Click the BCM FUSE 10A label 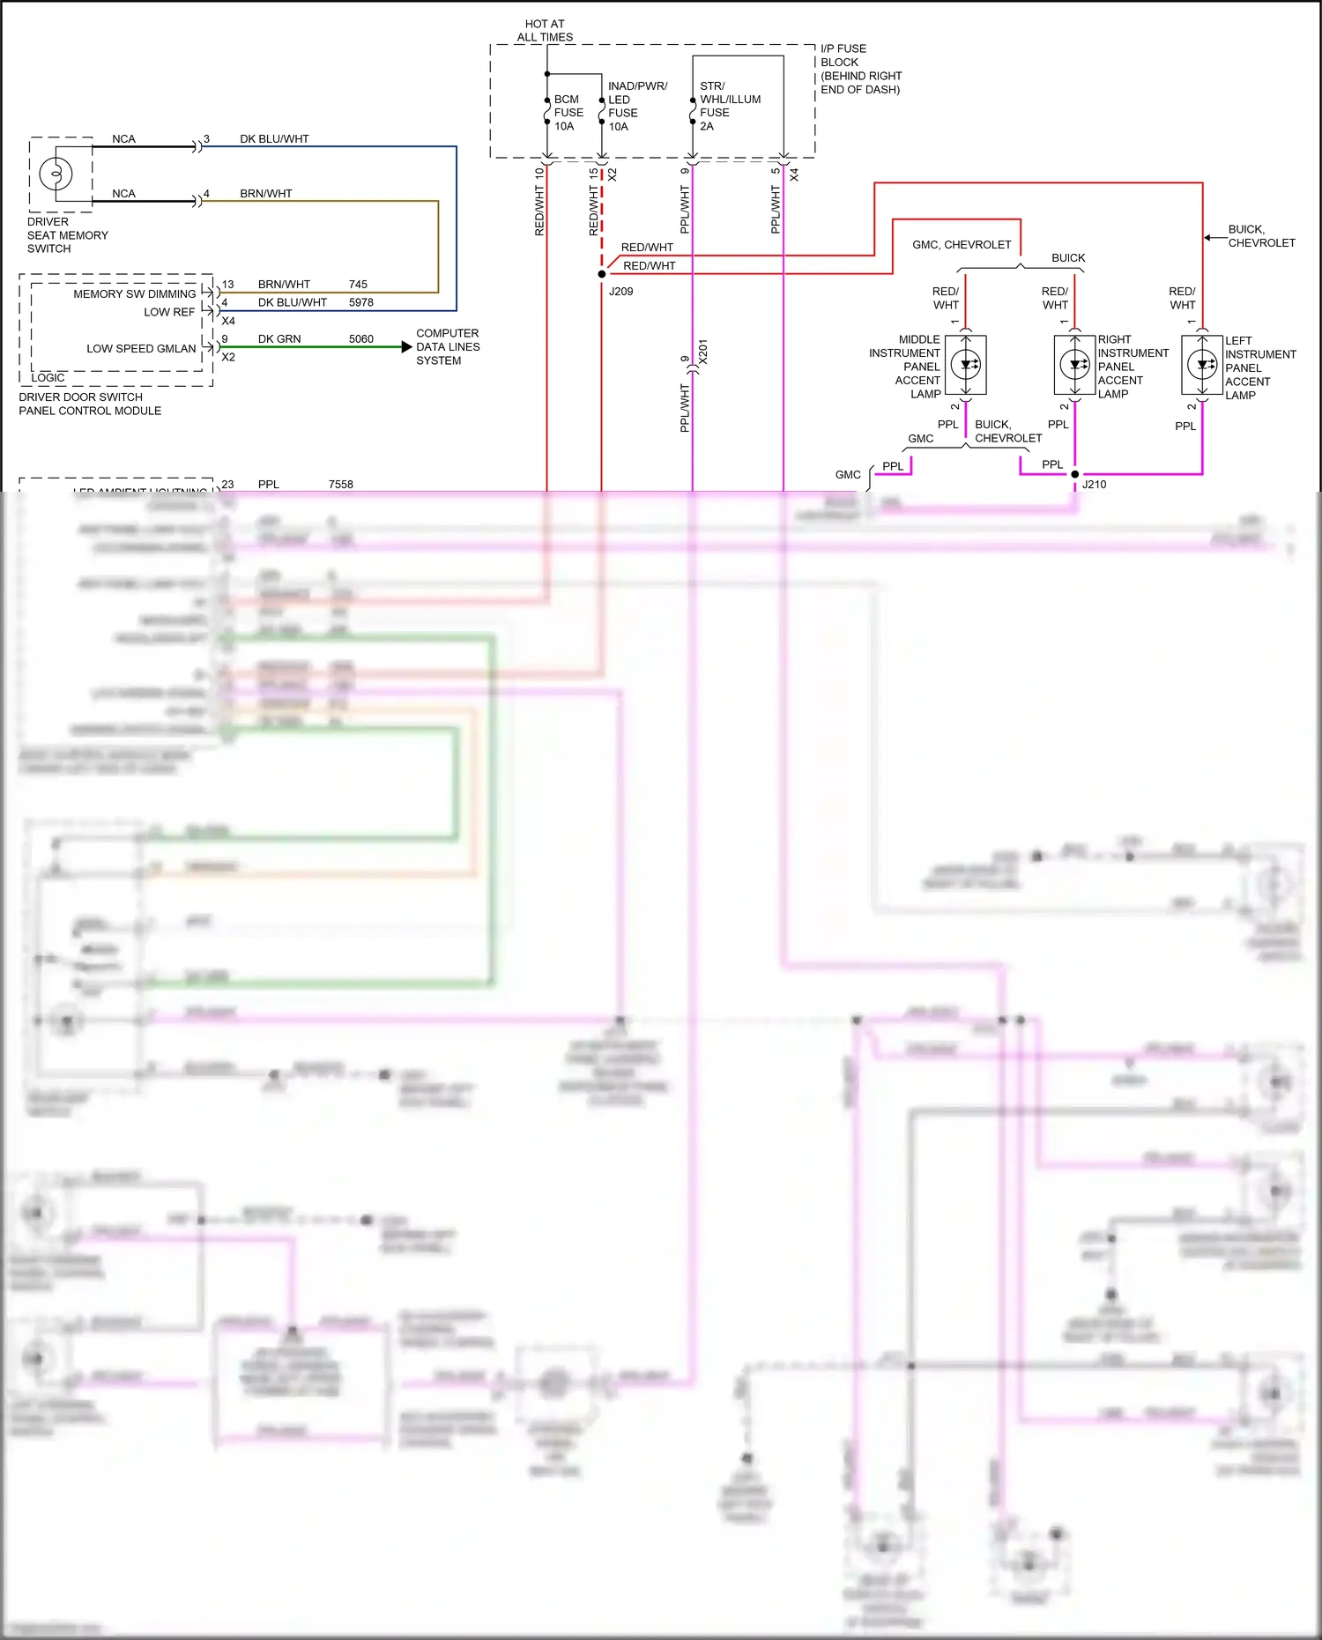(568, 113)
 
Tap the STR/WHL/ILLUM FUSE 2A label (728, 106)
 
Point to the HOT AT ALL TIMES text (545, 31)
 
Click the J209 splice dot (602, 274)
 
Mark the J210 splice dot (1074, 474)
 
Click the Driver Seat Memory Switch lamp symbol (56, 174)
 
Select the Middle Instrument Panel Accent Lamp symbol (966, 364)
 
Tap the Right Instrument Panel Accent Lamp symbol (1075, 364)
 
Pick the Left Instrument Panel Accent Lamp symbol (1202, 365)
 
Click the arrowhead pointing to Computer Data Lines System (406, 347)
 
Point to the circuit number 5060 (360, 339)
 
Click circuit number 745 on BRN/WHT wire (358, 285)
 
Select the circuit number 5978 (360, 302)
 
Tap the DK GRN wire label (279, 339)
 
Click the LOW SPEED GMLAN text (141, 349)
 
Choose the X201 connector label (702, 352)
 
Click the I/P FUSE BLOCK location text (859, 69)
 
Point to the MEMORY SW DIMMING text (134, 294)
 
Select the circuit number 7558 (340, 485)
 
